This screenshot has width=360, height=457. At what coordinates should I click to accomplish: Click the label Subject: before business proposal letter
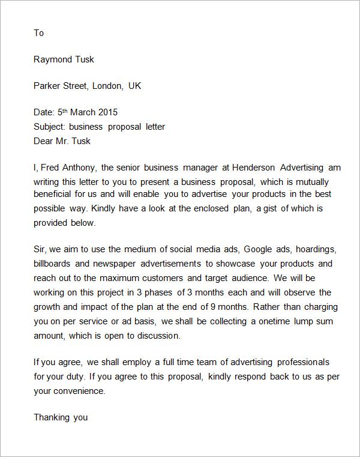click(50, 127)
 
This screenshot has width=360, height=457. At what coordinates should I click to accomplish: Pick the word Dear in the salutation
click(44, 141)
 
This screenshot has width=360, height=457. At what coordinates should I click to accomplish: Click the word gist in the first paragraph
click(274, 208)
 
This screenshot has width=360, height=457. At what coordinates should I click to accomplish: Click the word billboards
click(54, 264)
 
